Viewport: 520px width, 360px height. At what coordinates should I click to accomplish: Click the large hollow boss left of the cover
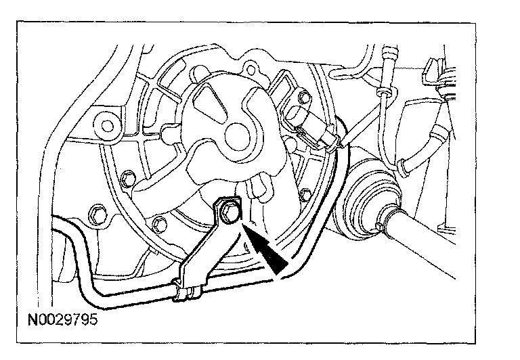coord(105,124)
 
